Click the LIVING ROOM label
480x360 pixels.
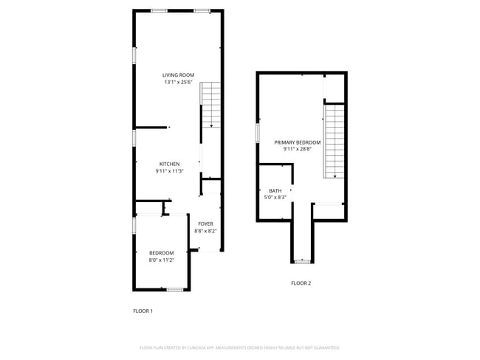(178, 75)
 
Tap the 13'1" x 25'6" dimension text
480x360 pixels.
(178, 83)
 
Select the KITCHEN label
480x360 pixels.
(169, 164)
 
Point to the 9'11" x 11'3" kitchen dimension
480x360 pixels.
(169, 171)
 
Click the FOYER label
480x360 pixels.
(205, 224)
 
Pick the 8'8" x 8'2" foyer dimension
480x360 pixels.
(205, 231)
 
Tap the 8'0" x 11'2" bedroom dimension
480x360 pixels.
(162, 260)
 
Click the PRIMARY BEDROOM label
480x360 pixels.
(298, 142)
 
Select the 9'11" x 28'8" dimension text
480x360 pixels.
(298, 149)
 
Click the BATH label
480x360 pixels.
(275, 190)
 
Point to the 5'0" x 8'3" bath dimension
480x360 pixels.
(275, 197)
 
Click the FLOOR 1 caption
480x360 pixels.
(143, 311)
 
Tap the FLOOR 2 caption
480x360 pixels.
(301, 283)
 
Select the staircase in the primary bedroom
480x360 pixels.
(335, 140)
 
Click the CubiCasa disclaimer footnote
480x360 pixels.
(239, 347)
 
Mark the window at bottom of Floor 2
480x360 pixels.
(301, 262)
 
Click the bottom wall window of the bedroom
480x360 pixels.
(174, 289)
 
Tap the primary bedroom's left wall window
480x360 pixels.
(258, 133)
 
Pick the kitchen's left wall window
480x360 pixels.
(134, 137)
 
